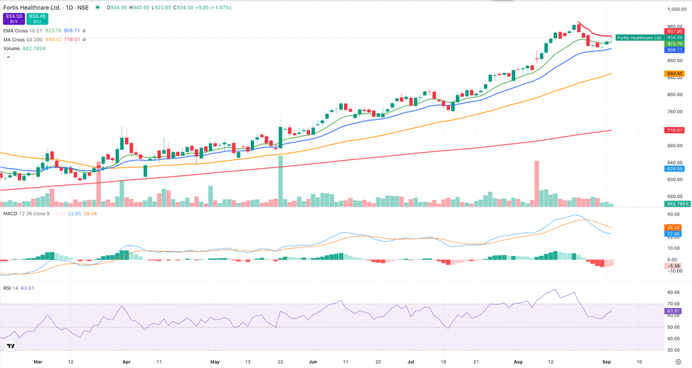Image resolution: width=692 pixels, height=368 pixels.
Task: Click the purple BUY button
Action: tap(14, 19)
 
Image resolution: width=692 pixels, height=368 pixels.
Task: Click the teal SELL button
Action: tap(38, 19)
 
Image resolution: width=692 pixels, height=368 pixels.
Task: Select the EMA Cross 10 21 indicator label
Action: tap(25, 30)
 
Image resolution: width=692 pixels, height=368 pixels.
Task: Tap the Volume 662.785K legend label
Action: tap(24, 49)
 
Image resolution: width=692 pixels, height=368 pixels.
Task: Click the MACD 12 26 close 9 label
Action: tap(26, 213)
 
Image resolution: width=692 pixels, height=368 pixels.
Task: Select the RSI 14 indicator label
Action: tap(12, 288)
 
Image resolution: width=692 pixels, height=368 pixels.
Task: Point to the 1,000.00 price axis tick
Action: tap(676, 9)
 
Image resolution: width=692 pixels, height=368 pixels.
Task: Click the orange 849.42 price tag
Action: tap(675, 73)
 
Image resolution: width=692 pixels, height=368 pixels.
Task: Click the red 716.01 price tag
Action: tap(675, 130)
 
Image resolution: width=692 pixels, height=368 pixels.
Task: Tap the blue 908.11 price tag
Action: tap(675, 50)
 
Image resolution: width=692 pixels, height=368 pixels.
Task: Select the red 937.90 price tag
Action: tap(675, 31)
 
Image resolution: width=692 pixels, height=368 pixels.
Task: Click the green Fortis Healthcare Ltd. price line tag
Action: tap(639, 37)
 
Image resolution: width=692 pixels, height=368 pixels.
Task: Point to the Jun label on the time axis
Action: tap(312, 361)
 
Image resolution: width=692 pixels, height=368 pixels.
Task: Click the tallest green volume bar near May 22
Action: tap(280, 180)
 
